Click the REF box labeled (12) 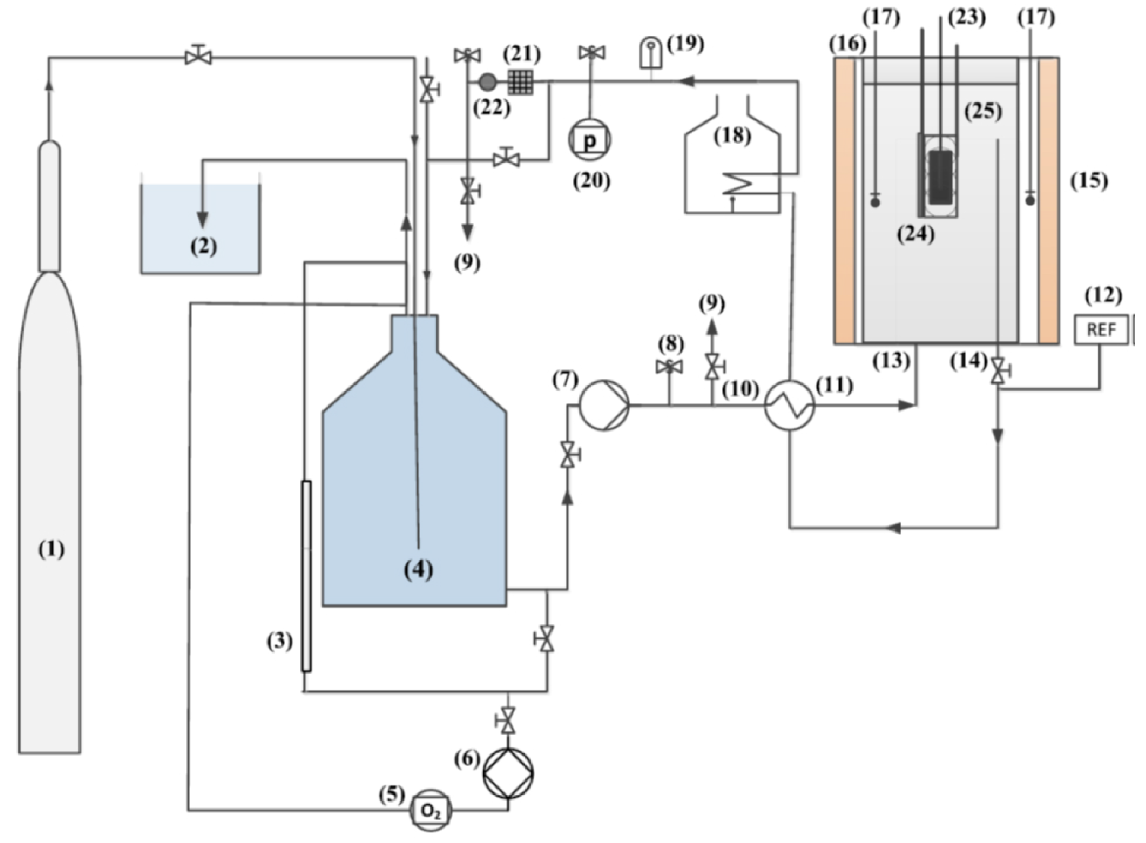click(1102, 330)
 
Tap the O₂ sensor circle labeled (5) click(431, 810)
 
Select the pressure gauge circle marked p click(590, 139)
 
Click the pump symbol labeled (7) click(605, 405)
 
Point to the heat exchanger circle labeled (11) click(789, 405)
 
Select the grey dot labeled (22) click(488, 81)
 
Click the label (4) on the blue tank click(419, 570)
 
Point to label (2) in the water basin click(203, 247)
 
